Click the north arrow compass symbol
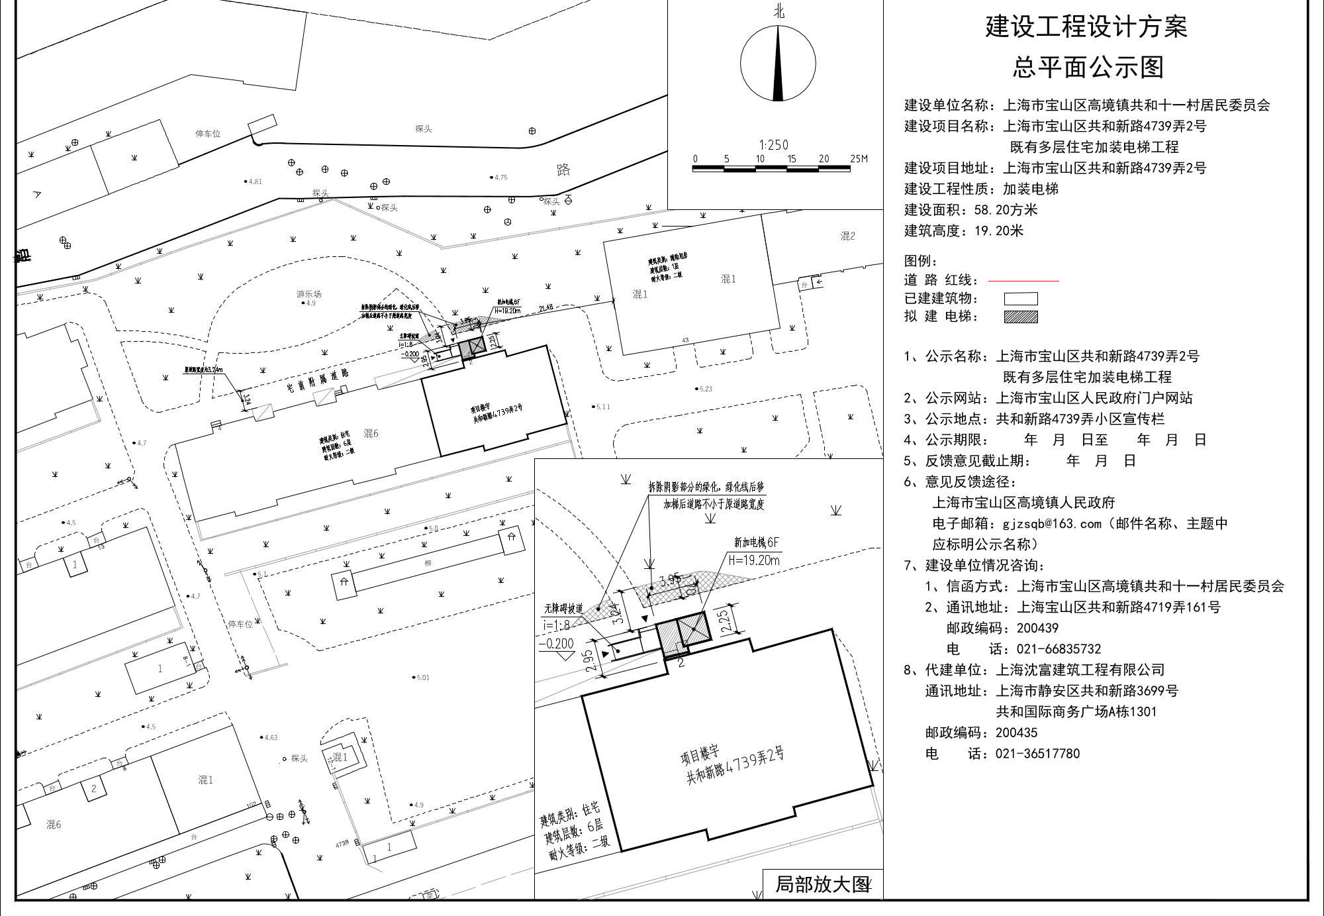[778, 64]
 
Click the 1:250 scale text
[773, 145]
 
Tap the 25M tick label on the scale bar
[859, 159]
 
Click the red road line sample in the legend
[1023, 281]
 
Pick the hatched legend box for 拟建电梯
[1021, 317]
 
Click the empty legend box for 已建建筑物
[1021, 299]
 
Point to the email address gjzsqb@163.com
[1050, 524]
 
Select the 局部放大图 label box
[822, 884]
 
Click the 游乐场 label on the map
[308, 294]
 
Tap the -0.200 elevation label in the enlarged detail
[556, 644]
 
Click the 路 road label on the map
[563, 170]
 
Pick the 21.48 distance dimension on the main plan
[546, 308]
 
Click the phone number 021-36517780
[1037, 754]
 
